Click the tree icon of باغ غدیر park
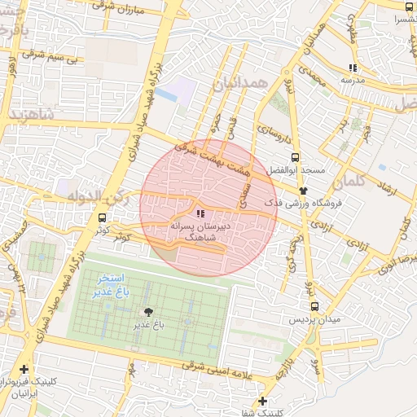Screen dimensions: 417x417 pyautogui.click(x=148, y=312)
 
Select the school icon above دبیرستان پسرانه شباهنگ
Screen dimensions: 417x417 pyautogui.click(x=200, y=213)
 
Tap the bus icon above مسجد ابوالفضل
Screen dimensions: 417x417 pyautogui.click(x=295, y=158)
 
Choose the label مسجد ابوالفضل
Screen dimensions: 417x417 pyautogui.click(x=303, y=170)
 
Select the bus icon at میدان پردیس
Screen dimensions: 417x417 pyautogui.click(x=315, y=308)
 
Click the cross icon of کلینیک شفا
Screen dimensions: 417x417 pyautogui.click(x=262, y=401)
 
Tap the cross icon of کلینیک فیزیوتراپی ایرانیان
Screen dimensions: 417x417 pyautogui.click(x=24, y=370)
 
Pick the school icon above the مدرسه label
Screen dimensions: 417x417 pyautogui.click(x=353, y=68)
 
